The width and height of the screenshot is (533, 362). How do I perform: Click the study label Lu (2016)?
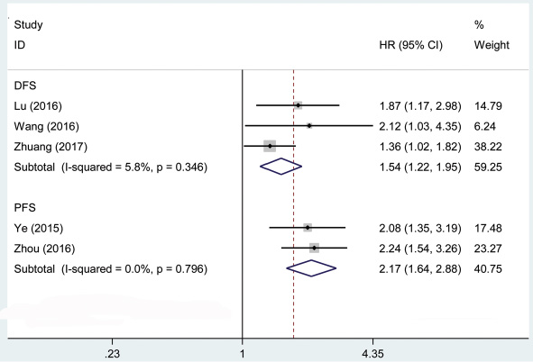38,106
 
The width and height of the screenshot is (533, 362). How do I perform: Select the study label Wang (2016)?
46,127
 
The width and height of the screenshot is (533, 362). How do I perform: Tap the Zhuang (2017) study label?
51,147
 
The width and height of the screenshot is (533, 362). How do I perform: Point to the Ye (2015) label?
39,229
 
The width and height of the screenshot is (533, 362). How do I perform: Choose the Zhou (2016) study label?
44,249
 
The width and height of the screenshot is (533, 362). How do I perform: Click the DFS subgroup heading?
25,86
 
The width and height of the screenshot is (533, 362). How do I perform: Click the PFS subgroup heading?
25,208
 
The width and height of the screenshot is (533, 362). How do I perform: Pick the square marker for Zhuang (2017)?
270,146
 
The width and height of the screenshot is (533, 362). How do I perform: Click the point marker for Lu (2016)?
299,105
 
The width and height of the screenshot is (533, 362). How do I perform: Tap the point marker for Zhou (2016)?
314,248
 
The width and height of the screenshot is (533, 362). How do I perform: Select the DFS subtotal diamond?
280,167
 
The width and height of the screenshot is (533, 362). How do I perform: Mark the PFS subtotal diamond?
311,268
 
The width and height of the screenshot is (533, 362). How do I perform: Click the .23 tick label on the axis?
112,354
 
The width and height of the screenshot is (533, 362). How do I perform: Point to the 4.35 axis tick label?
372,354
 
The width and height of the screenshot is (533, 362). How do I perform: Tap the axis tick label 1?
242,354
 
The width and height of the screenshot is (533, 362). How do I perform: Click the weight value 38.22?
488,147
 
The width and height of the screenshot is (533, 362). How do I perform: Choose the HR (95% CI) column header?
411,45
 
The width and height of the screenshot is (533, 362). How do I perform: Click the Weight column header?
492,45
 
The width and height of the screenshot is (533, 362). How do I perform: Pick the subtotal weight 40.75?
488,269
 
